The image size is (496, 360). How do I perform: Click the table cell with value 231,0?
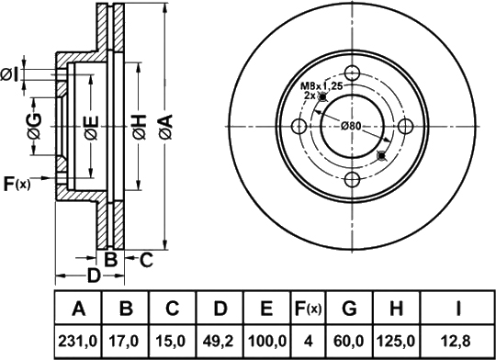click(78, 342)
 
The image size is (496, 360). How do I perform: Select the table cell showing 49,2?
click(220, 342)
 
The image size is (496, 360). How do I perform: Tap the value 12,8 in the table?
click(457, 342)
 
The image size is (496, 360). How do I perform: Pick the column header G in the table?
click(350, 308)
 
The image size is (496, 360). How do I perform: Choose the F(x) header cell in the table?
click(308, 308)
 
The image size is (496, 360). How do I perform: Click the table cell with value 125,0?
click(397, 342)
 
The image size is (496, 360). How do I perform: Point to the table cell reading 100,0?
click(266, 342)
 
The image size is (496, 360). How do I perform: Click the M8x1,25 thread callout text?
click(321, 86)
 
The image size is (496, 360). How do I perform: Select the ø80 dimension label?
click(351, 126)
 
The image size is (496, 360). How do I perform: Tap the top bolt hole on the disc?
click(352, 73)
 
